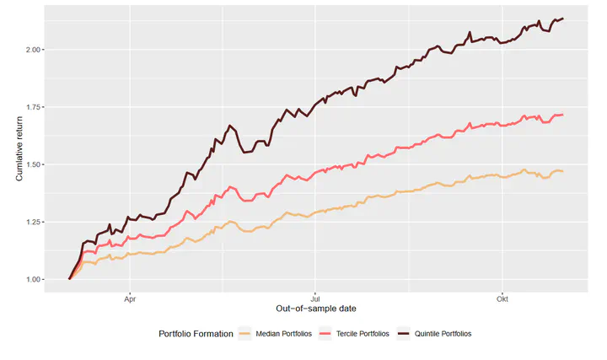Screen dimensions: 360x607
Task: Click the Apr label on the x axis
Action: (130, 298)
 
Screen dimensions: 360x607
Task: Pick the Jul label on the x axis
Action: (314, 298)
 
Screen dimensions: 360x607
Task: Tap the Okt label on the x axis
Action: (502, 298)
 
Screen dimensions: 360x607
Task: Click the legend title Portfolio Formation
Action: (196, 334)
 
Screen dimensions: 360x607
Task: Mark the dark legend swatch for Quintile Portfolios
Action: (405, 334)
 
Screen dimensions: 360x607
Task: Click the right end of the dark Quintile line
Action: (563, 19)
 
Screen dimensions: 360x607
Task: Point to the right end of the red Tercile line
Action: (563, 115)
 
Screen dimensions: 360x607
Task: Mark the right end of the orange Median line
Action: (563, 172)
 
